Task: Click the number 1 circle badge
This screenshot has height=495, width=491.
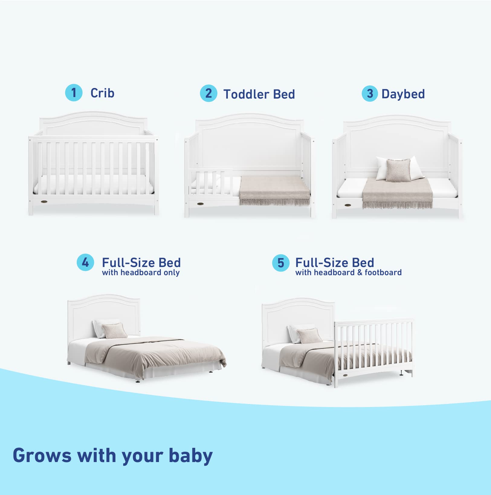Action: pos(74,93)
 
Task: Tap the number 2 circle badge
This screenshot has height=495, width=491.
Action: pos(208,93)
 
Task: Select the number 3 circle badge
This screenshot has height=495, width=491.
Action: pos(370,94)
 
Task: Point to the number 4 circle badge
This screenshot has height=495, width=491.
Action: pos(86,262)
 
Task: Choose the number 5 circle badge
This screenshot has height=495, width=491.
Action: pos(281,263)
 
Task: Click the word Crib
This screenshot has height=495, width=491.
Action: pos(102,93)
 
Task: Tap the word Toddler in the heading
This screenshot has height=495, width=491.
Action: pos(246,94)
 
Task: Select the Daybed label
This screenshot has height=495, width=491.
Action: pos(403,94)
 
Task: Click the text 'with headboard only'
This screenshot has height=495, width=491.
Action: pos(141,273)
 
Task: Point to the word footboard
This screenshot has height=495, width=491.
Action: pos(383,273)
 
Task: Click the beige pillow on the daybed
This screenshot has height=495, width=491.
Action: pos(398,170)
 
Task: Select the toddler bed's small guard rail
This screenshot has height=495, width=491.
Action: pos(211,182)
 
